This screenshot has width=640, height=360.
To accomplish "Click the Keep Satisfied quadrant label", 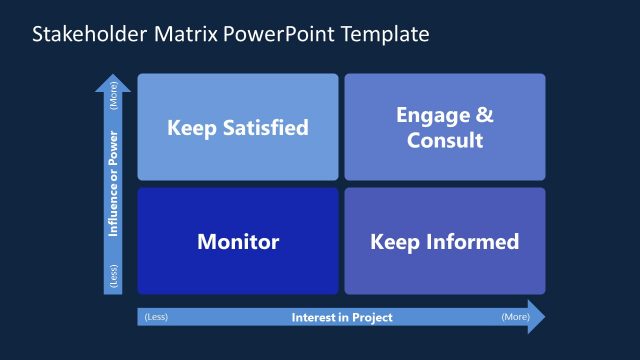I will click(x=238, y=128).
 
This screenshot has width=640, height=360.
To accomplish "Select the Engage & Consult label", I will click(x=445, y=128).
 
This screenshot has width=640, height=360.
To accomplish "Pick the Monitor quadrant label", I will click(x=238, y=242).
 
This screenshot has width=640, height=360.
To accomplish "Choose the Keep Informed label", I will click(x=445, y=242).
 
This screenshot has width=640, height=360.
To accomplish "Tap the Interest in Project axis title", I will click(x=342, y=318).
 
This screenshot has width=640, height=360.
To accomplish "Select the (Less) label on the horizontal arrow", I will click(x=155, y=318).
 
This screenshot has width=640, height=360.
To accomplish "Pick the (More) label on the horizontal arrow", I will click(x=514, y=318).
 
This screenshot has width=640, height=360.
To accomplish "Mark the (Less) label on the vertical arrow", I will click(x=113, y=277).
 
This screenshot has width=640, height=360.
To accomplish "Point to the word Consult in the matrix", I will click(x=445, y=140).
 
